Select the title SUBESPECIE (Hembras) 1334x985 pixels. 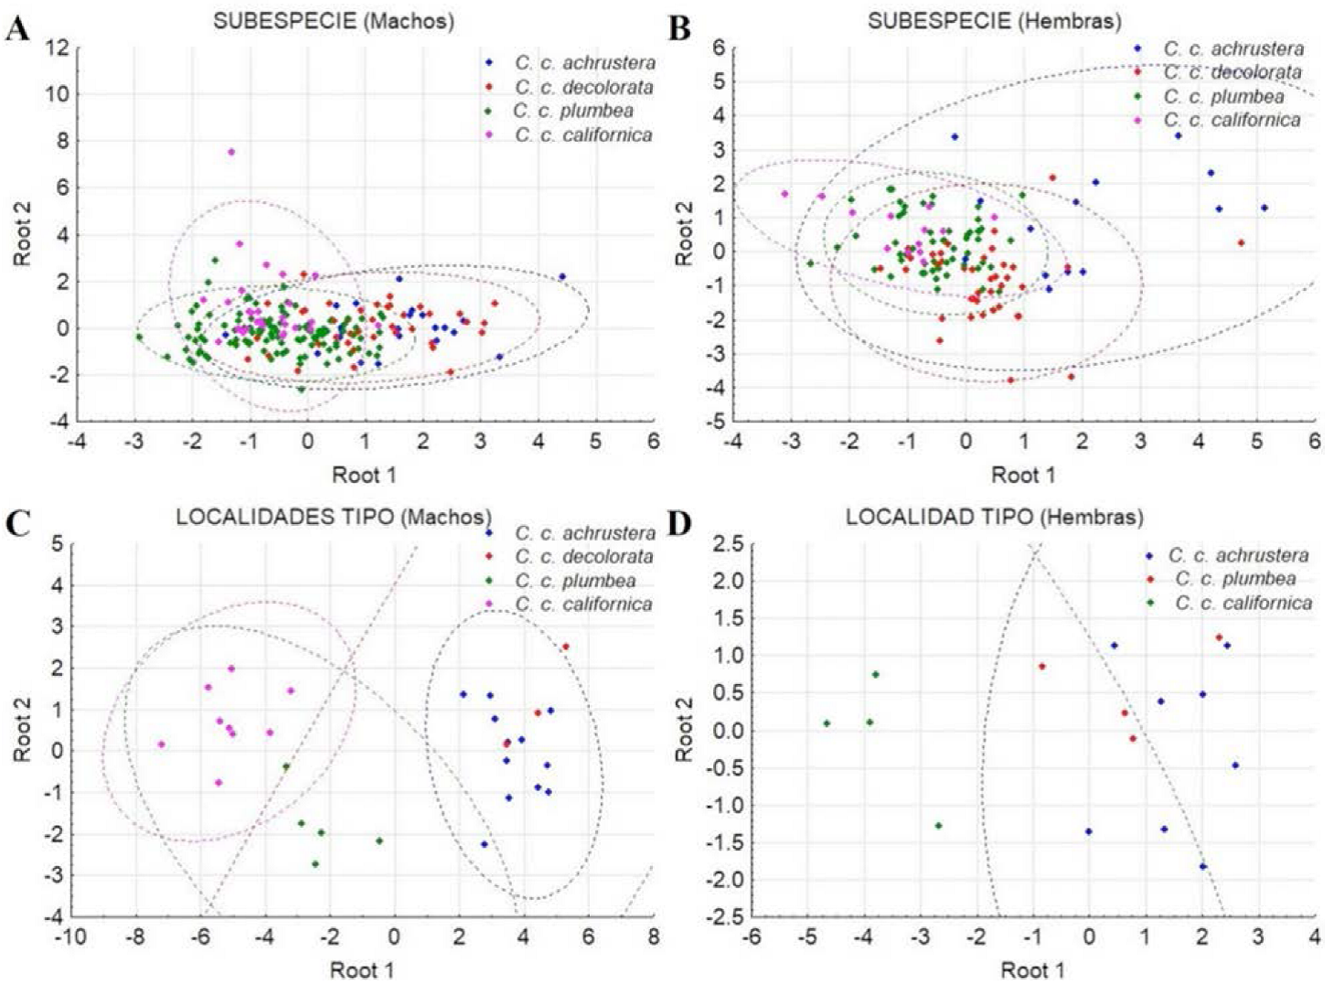tap(994, 20)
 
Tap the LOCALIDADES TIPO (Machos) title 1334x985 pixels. tap(333, 518)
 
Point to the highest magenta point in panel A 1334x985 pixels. tap(231, 152)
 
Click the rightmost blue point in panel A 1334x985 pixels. tap(561, 276)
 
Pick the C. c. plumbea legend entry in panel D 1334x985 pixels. tap(1234, 579)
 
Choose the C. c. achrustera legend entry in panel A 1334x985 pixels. tap(584, 63)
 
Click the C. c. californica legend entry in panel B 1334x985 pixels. tap(1231, 120)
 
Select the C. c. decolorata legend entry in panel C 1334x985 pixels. tap(583, 557)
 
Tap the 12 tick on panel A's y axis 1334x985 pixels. tap(58, 48)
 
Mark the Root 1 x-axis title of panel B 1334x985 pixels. tap(1023, 475)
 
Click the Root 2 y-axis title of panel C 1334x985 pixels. tap(23, 728)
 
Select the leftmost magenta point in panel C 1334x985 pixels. tap(162, 744)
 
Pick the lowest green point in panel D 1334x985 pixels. tap(938, 826)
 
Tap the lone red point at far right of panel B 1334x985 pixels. tap(1241, 242)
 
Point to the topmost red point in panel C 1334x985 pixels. tap(565, 647)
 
